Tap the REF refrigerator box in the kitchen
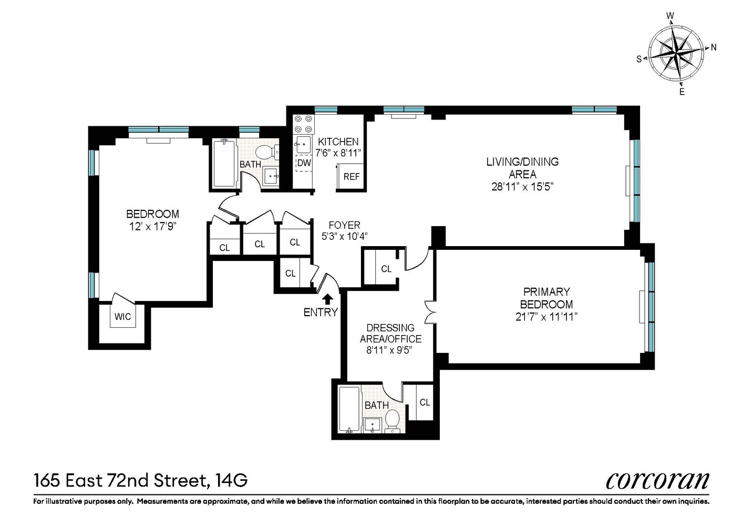[351, 176]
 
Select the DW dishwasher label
[304, 163]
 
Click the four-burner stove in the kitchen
[303, 124]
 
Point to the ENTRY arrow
[327, 299]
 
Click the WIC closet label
[123, 317]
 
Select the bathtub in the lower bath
[349, 410]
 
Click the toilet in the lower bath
[392, 420]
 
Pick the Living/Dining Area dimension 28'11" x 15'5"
[522, 186]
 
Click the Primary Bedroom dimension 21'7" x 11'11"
[546, 317]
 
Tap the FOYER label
[344, 225]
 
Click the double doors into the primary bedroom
[430, 312]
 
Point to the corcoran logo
[657, 480]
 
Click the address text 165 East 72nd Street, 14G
[140, 480]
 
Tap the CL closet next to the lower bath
[425, 402]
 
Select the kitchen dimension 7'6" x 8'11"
[338, 153]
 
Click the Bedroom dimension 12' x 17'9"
[152, 226]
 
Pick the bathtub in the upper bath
[224, 163]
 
